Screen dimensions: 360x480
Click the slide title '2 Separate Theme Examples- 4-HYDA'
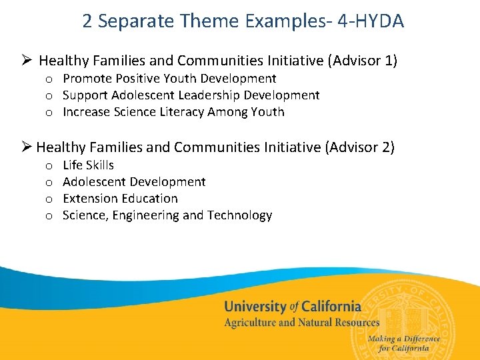point(243,21)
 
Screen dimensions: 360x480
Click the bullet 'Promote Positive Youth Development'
point(169,79)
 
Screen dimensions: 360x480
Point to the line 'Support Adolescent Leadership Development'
point(191,95)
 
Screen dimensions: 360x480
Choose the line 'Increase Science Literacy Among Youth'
point(173,112)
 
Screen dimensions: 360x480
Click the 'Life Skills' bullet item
point(88,165)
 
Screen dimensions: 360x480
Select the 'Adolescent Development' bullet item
point(134,181)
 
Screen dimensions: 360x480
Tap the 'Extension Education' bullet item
point(120,198)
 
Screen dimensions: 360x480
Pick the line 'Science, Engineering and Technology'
point(167,215)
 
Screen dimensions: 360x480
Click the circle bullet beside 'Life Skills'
point(49,166)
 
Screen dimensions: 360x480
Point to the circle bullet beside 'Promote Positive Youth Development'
point(49,80)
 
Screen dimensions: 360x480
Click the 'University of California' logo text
point(292,307)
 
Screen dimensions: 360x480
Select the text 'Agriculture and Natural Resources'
point(301,323)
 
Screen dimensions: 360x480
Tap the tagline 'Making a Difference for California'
point(403,343)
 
